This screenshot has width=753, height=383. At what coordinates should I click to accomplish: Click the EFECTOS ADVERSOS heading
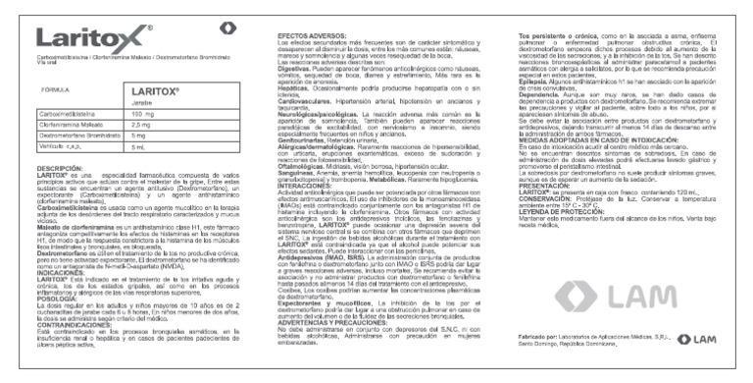[x=299, y=33]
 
